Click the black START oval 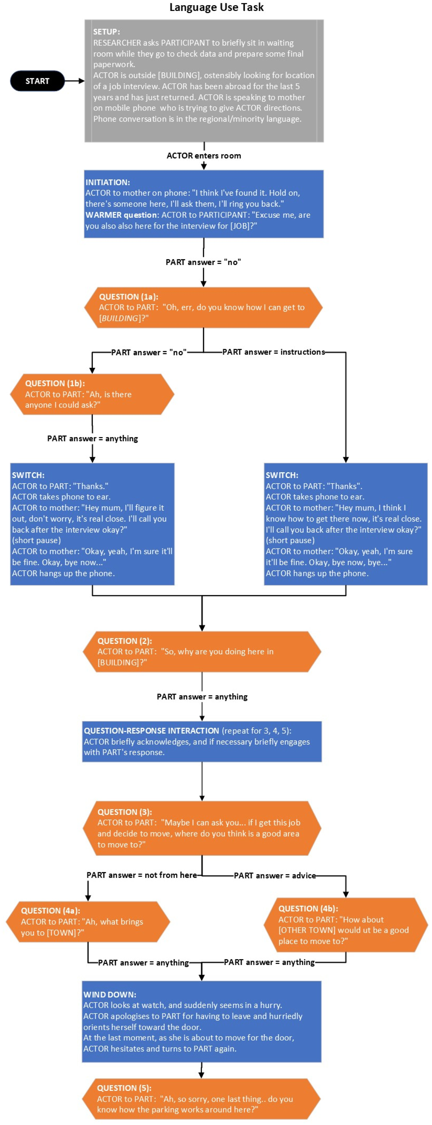point(38,81)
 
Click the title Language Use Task point(216,7)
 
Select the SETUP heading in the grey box point(107,32)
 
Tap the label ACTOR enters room point(204,156)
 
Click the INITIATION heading point(108,183)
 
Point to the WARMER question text point(121,215)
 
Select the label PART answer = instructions point(273,352)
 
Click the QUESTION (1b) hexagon point(92,394)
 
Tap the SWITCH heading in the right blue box point(282,475)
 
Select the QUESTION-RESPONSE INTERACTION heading point(151,731)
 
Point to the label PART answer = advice point(275,875)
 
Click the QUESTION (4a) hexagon point(88,921)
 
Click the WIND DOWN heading point(110,994)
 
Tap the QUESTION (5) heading point(124,1088)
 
